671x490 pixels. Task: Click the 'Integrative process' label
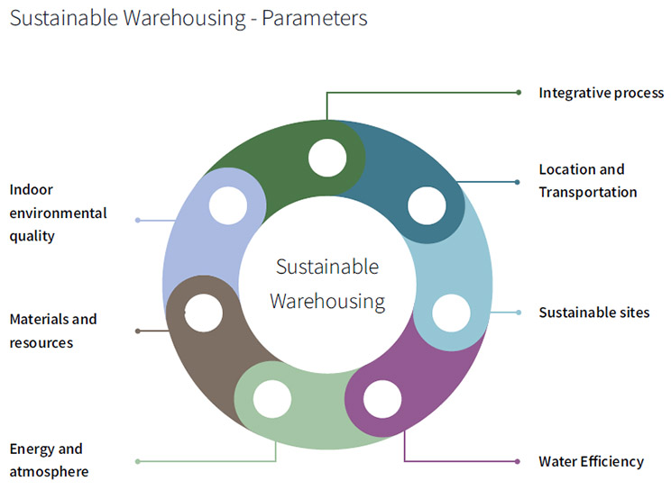(x=601, y=93)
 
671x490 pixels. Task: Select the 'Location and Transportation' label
(x=587, y=180)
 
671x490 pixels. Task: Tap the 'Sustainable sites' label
(x=593, y=313)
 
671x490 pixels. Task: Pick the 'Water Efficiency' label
(x=591, y=461)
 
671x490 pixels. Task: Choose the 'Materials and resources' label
(x=52, y=331)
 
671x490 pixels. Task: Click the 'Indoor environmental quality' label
(x=58, y=213)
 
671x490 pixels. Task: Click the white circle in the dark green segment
(x=326, y=159)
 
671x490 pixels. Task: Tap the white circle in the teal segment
(x=426, y=206)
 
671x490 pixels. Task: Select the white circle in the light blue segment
(x=451, y=313)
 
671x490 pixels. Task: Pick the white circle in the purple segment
(x=381, y=399)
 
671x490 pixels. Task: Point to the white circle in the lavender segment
(x=227, y=205)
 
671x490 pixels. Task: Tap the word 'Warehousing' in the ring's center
(x=327, y=301)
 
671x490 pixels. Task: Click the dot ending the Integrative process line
(x=518, y=92)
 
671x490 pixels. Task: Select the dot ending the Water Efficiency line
(x=518, y=461)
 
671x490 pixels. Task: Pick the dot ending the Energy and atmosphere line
(x=137, y=461)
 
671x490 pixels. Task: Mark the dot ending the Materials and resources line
(x=137, y=331)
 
